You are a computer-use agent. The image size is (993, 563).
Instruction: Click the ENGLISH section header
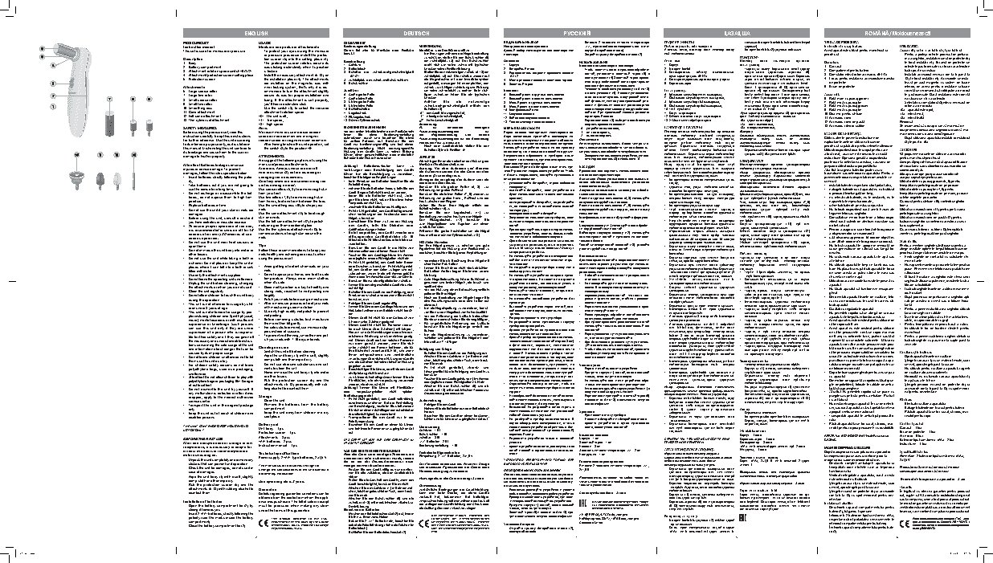pyautogui.click(x=251, y=31)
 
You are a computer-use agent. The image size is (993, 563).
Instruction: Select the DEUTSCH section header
pyautogui.click(x=416, y=31)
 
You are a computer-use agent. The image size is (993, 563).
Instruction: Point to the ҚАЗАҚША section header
pyautogui.click(x=738, y=31)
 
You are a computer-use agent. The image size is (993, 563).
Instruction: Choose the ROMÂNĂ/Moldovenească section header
pyautogui.click(x=900, y=31)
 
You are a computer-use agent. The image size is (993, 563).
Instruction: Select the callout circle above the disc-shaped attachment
pyautogui.click(x=133, y=153)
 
